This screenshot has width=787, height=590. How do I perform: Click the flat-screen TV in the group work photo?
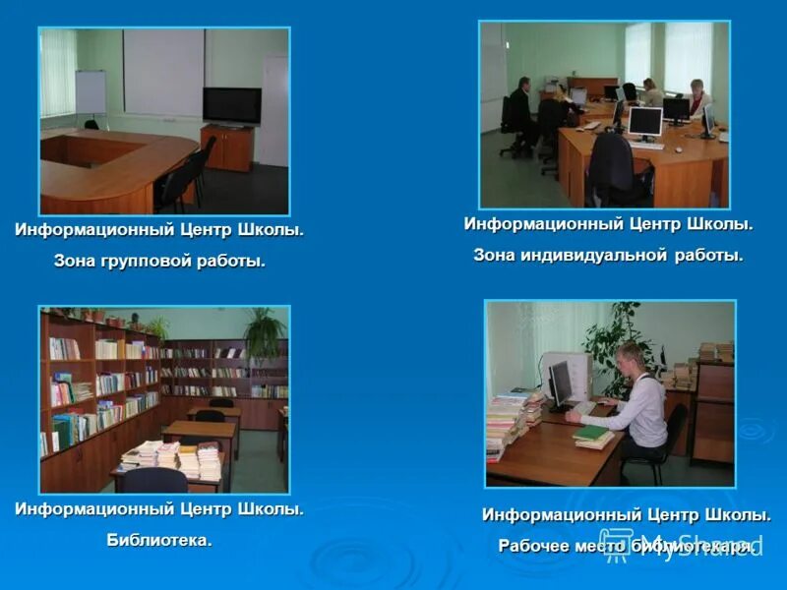(231, 105)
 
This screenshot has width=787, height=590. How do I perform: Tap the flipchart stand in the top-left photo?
(91, 93)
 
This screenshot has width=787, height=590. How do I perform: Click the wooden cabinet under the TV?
(227, 147)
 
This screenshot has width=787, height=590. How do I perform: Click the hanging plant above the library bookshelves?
(264, 332)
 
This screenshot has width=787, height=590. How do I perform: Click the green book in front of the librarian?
(592, 433)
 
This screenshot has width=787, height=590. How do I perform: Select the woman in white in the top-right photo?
(698, 98)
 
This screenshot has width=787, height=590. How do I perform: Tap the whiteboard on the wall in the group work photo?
(162, 71)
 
